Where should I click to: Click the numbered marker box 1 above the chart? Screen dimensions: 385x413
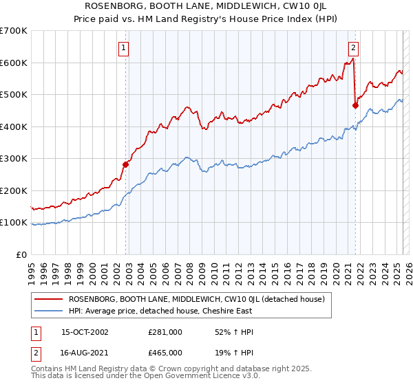click(123, 48)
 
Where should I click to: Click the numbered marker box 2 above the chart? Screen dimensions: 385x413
click(353, 48)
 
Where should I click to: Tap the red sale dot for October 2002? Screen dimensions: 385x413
click(126, 164)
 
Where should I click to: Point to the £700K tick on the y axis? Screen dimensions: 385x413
click(14, 31)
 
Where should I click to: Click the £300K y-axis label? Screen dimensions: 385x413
click(14, 159)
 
